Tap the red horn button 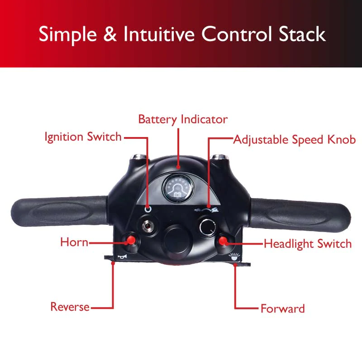click(x=131, y=240)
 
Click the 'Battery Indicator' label click(x=183, y=119)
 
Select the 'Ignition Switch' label click(x=83, y=136)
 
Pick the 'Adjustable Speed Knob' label click(x=294, y=139)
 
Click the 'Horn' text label click(x=74, y=242)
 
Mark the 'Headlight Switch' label click(x=308, y=244)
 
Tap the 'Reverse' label click(x=70, y=307)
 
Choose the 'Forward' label click(x=282, y=309)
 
